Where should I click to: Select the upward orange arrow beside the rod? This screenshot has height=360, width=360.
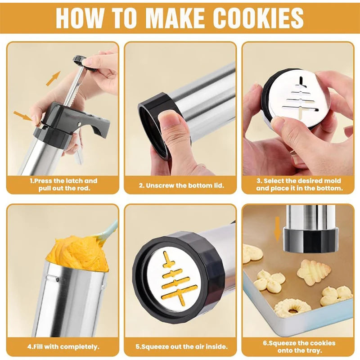tap(53, 78)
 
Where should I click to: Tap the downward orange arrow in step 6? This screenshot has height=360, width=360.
tap(277, 228)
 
